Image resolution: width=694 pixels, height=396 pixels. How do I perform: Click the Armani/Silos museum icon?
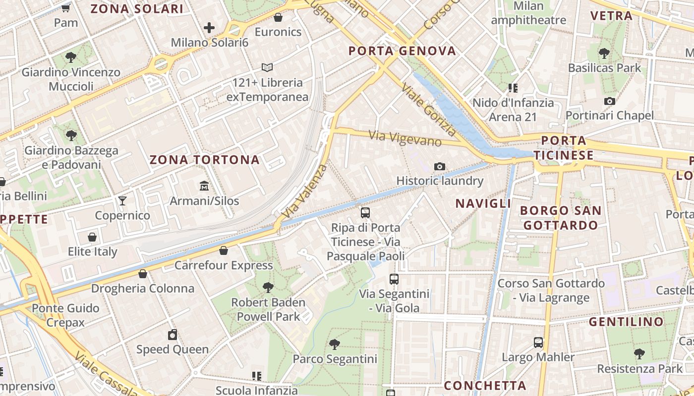pyautogui.click(x=204, y=186)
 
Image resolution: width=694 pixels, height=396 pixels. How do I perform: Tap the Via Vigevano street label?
pyautogui.click(x=405, y=138)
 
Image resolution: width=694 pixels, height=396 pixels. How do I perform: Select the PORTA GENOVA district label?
pyautogui.click(x=402, y=51)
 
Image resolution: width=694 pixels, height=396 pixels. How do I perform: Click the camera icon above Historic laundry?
pyautogui.click(x=439, y=166)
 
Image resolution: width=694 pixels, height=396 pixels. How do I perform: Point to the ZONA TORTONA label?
pyautogui.click(x=204, y=160)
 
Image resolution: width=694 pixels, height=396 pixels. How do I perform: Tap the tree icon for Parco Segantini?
pyautogui.click(x=335, y=344)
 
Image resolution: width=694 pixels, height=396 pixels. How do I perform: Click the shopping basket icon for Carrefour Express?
pyautogui.click(x=224, y=250)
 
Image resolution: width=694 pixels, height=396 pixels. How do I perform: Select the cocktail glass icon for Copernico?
pyautogui.click(x=122, y=200)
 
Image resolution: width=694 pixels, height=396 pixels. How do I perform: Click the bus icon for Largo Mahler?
pyautogui.click(x=538, y=342)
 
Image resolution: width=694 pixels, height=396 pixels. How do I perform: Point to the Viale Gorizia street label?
pyautogui.click(x=429, y=109)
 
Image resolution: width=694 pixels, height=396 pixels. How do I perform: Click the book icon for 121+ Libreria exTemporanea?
pyautogui.click(x=267, y=67)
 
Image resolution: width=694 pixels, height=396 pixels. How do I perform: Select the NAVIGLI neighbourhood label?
pyautogui.click(x=483, y=203)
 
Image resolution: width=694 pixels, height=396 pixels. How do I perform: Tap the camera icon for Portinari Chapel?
pyautogui.click(x=610, y=101)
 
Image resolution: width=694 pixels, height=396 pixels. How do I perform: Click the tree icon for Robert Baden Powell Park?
pyautogui.click(x=268, y=287)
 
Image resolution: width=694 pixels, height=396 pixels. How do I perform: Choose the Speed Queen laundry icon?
pyautogui.click(x=172, y=335)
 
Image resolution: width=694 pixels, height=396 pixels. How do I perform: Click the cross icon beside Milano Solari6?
pyautogui.click(x=209, y=28)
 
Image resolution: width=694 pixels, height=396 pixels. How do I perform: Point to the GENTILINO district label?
pyautogui.click(x=626, y=322)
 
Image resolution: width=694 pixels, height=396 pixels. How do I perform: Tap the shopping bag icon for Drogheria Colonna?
pyautogui.click(x=143, y=273)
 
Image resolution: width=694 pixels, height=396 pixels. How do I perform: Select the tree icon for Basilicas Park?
pyautogui.click(x=604, y=53)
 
